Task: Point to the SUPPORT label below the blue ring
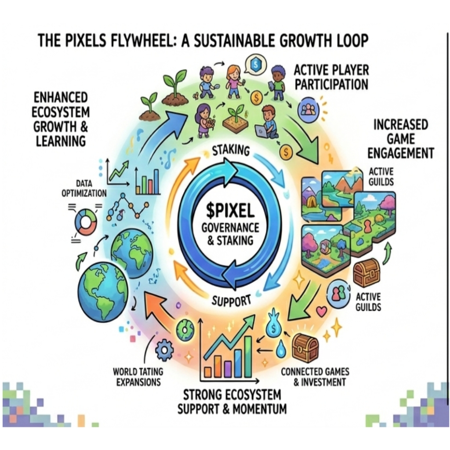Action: [x=231, y=301]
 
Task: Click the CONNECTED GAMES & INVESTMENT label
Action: [x=314, y=377]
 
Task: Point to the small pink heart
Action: [x=322, y=311]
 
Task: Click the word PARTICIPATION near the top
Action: [x=331, y=84]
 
